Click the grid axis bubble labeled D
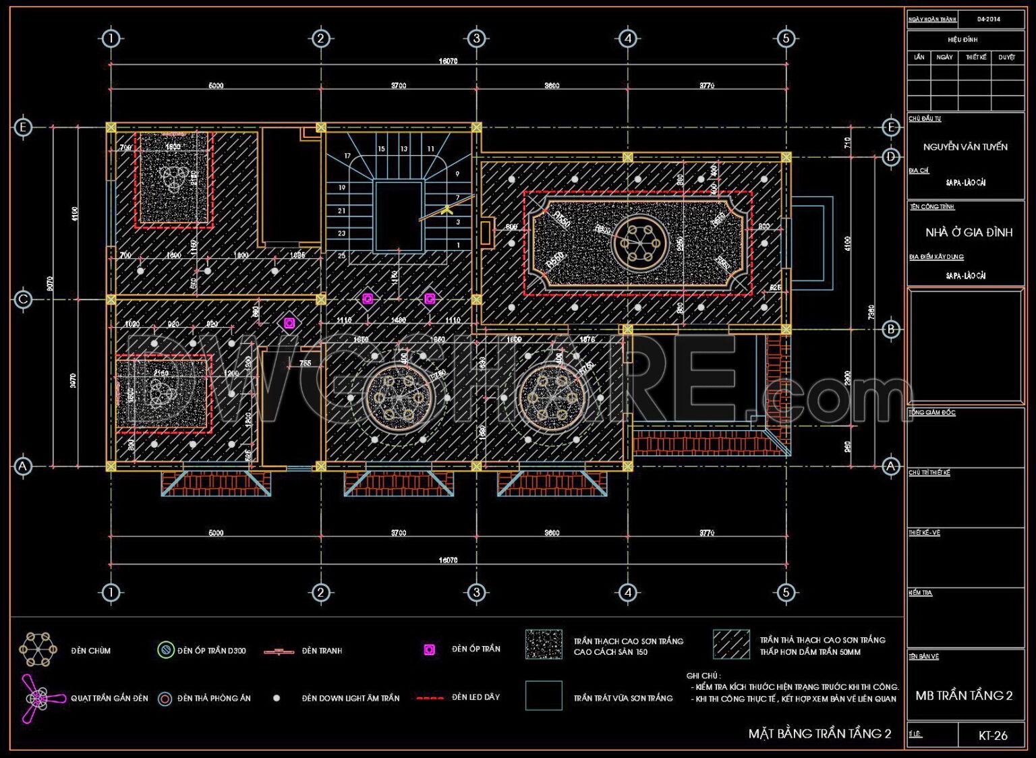tap(891, 156)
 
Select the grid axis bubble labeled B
tap(891, 329)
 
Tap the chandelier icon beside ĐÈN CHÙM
tap(38, 649)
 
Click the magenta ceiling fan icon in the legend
tap(34, 698)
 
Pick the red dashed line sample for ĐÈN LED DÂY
tap(430, 698)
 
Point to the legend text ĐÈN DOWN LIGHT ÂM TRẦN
tap(350, 699)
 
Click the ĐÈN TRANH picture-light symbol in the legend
tap(279, 651)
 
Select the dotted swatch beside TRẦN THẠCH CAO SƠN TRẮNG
tap(543, 645)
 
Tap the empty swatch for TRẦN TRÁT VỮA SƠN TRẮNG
tap(543, 695)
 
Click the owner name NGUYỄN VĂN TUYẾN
tap(965, 147)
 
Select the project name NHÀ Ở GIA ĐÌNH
tap(969, 233)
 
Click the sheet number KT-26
tap(993, 736)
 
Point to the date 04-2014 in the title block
tap(988, 19)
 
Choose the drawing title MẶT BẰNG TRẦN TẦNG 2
tap(819, 734)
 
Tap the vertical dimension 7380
tap(871, 312)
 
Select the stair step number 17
tap(347, 156)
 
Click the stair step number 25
tap(341, 256)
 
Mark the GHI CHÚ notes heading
tap(703, 676)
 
